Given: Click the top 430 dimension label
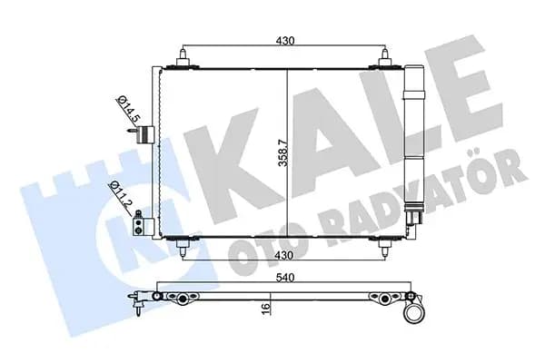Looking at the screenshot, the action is (285, 41).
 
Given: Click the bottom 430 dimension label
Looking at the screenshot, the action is (284, 255).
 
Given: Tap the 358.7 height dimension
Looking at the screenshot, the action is (283, 152).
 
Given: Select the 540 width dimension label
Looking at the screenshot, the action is (285, 278).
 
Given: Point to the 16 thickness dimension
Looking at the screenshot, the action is (265, 309).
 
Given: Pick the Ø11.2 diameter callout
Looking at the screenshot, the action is (120, 194).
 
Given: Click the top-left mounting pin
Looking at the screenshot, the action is (183, 58).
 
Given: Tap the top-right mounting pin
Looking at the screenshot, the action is (385, 58).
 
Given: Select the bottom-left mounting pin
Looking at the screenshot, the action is (183, 247).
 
